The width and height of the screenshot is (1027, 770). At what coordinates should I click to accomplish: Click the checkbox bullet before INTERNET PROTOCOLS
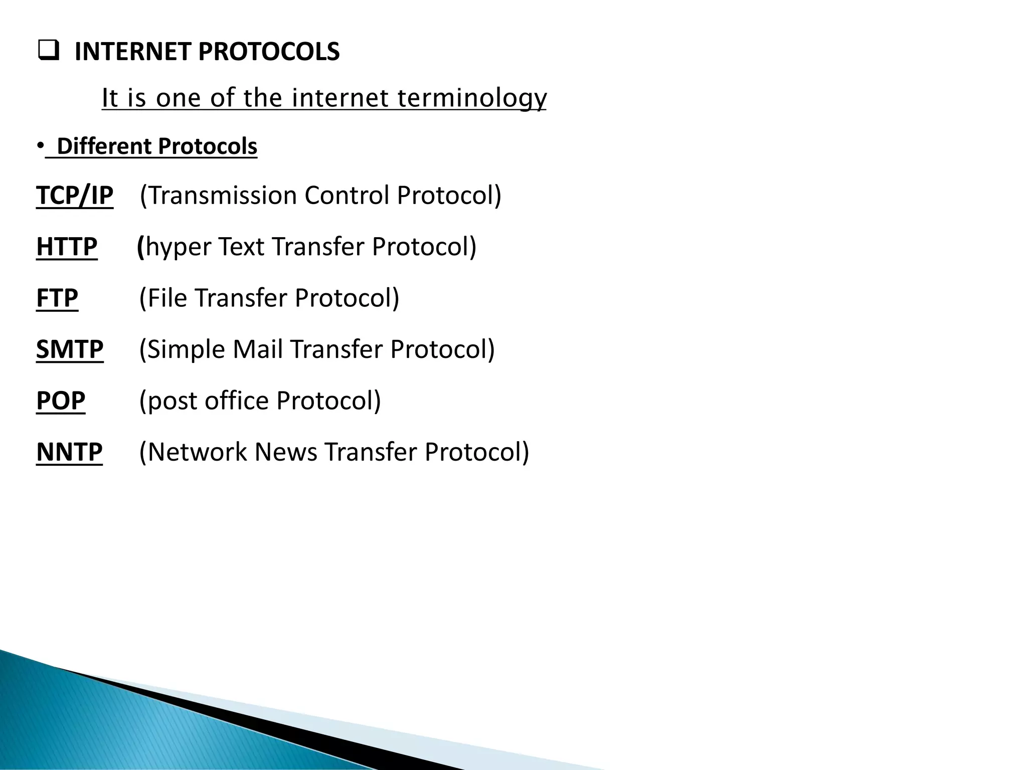(48, 52)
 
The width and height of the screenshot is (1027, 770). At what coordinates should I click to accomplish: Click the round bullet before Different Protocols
(39, 146)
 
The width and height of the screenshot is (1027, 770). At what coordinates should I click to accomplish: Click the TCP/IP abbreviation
(75, 195)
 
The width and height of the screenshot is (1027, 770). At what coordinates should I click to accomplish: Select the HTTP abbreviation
(67, 247)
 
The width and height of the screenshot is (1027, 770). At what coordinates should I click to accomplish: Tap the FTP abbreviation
(57, 298)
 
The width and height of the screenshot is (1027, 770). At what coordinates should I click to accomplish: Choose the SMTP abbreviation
(70, 349)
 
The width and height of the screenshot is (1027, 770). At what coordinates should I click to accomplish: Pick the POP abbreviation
(61, 401)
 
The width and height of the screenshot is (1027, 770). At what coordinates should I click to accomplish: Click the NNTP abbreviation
(69, 452)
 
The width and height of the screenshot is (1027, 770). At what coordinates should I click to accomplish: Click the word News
(285, 452)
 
